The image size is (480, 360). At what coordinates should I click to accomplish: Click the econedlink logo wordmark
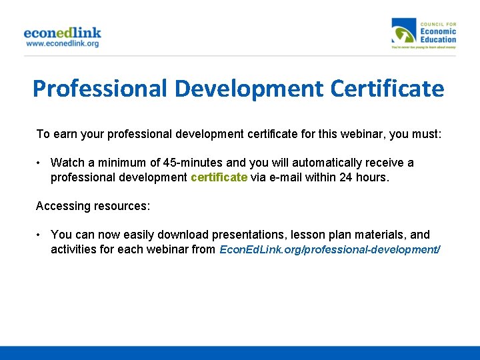[62, 33]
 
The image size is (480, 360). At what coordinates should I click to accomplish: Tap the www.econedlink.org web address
[62, 44]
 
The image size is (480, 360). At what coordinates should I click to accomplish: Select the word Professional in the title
[98, 89]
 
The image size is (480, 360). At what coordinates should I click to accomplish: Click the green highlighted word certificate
[219, 177]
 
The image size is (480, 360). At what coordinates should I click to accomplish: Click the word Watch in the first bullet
[66, 163]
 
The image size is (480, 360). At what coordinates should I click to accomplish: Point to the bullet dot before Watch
[40, 163]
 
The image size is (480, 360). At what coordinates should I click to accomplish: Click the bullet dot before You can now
[40, 235]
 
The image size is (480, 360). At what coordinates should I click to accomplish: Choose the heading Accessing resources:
[93, 206]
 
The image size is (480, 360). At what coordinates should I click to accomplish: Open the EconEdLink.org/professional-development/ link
[330, 249]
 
